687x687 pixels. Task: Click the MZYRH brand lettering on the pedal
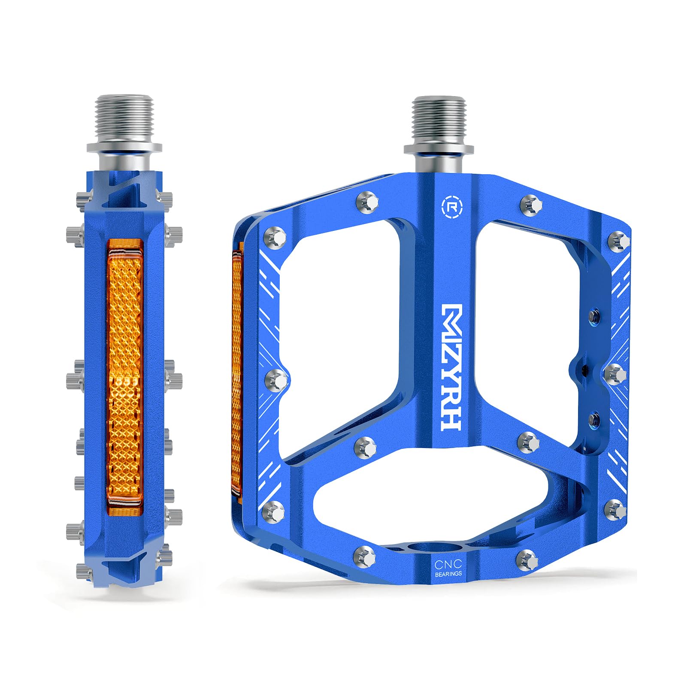click(451, 367)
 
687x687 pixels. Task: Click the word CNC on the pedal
click(448, 564)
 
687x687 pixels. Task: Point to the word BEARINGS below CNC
click(448, 574)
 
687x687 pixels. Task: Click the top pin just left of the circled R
click(368, 202)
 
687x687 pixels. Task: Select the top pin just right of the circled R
click(531, 204)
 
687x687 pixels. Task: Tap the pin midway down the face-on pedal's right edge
click(616, 373)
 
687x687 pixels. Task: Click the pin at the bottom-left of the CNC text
click(365, 557)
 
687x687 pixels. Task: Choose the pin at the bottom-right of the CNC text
click(527, 559)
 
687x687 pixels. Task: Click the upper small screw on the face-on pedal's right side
click(594, 316)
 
